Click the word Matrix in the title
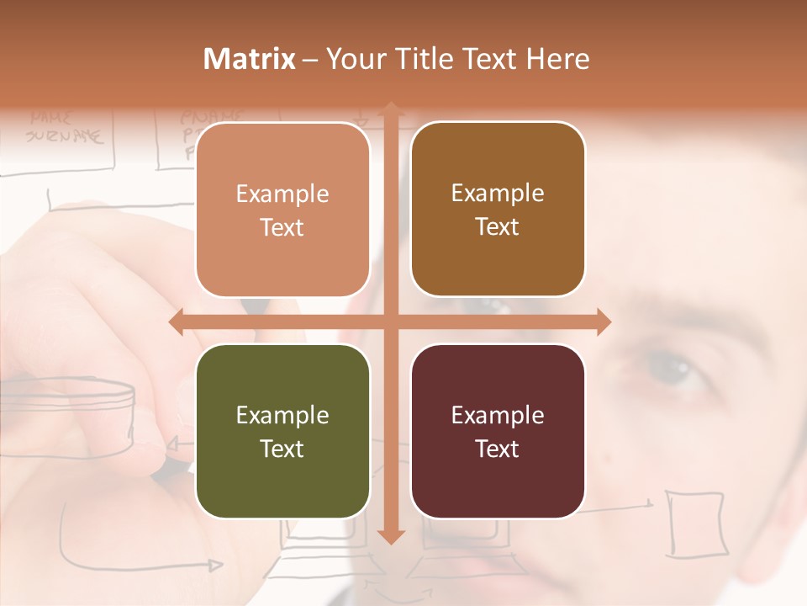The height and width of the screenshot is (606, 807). tap(250, 59)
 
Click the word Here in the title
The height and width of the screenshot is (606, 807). tap(557, 59)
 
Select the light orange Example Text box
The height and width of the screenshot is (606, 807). tap(282, 210)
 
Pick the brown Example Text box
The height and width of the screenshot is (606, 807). tap(498, 210)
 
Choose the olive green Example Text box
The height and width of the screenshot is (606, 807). tap(282, 431)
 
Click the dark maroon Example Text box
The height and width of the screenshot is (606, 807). tap(498, 431)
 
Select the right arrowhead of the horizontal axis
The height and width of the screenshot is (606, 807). tap(603, 322)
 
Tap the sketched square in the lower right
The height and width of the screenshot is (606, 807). tap(695, 522)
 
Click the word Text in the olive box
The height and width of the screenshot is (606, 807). tap(282, 449)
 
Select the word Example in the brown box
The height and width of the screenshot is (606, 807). tap(498, 193)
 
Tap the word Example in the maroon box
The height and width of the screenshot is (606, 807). tap(498, 415)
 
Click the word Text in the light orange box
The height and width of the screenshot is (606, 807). tap(282, 227)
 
